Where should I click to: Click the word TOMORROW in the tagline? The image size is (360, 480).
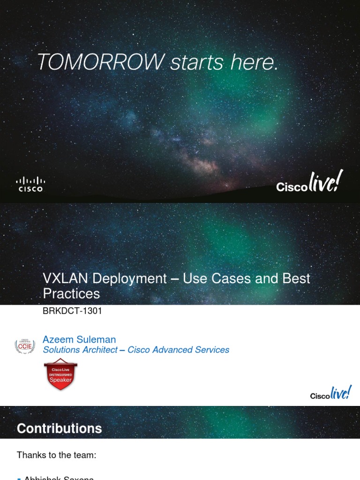tap(100, 62)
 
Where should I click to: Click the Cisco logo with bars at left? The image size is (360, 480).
tap(30, 184)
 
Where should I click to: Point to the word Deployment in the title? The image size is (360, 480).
tap(129, 278)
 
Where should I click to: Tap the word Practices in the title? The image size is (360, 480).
tap(71, 294)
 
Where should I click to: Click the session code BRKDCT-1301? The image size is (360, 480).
tap(72, 311)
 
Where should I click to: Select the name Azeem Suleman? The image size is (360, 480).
tap(79, 339)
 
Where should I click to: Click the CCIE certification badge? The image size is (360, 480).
tap(25, 346)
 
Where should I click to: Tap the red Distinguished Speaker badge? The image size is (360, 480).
tap(60, 375)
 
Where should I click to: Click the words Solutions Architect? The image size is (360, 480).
tap(80, 350)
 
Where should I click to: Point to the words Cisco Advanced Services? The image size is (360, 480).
tap(179, 350)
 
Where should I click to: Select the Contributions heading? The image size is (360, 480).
tap(60, 428)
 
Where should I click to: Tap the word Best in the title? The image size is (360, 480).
tap(296, 278)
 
